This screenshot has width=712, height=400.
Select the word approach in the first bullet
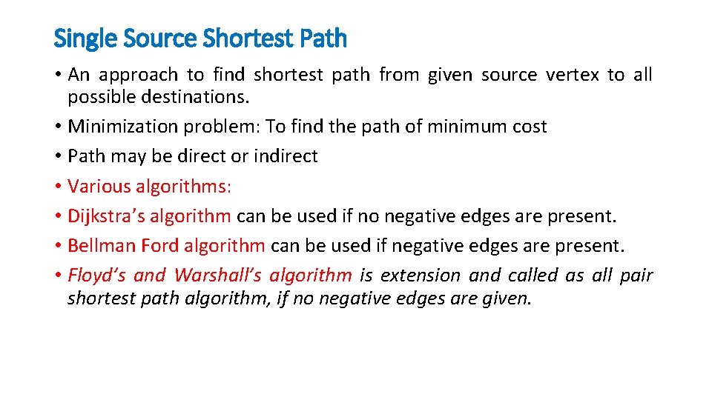pyautogui.click(x=139, y=75)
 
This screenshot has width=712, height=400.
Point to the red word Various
pyautogui.click(x=97, y=186)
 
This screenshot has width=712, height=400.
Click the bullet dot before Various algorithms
pyautogui.click(x=58, y=187)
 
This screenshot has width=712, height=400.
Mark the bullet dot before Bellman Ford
pyautogui.click(x=58, y=246)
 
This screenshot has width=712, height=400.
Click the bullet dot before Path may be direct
pyautogui.click(x=58, y=157)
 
